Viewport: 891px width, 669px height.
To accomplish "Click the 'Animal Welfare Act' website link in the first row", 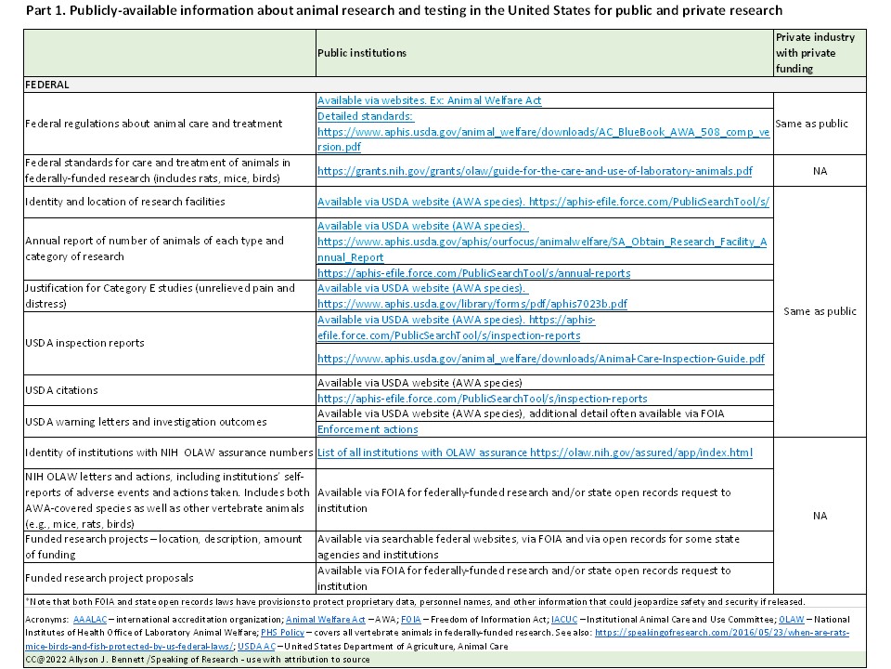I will (x=429, y=100).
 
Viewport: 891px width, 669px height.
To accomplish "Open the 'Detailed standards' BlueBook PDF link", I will (x=543, y=131).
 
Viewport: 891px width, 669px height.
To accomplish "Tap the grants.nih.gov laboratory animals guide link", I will (x=535, y=171).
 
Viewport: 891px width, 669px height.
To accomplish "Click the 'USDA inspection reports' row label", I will (x=85, y=343).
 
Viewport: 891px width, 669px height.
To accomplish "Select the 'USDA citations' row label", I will (x=61, y=389).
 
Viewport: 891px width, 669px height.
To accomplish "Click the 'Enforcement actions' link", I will (x=368, y=429).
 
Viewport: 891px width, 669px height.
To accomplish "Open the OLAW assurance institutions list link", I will (x=534, y=453).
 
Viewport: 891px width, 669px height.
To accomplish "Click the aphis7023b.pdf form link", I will (x=472, y=304).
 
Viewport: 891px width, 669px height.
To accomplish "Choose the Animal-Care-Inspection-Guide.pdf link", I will (x=541, y=358).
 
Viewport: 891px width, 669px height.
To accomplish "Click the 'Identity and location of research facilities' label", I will (x=124, y=202).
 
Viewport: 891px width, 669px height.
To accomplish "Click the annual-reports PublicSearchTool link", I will (x=473, y=273).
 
